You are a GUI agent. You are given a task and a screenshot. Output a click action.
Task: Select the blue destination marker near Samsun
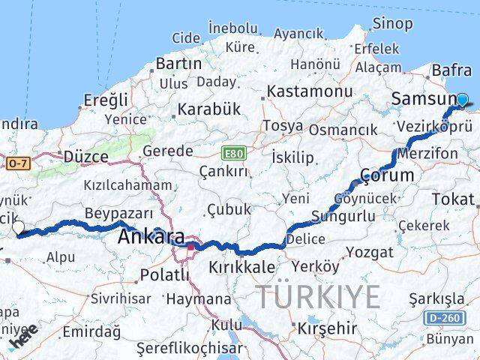462,100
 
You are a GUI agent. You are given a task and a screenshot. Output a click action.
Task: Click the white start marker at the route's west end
18,228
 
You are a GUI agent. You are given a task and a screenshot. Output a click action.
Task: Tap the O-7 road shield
19,161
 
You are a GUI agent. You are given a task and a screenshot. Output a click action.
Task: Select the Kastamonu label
310,91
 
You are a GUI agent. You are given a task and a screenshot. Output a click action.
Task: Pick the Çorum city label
387,175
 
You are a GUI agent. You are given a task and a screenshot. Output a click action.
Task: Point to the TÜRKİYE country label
319,298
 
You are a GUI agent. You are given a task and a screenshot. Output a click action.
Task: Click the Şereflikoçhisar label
190,348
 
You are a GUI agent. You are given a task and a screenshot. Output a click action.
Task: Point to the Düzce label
85,157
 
